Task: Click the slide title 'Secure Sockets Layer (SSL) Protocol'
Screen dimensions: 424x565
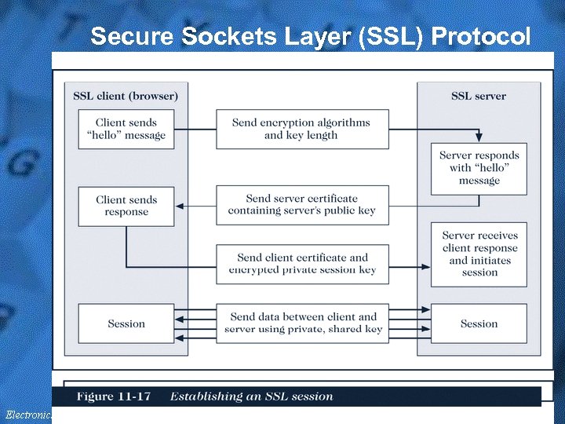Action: [310, 36]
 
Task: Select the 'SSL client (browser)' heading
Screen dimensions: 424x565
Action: [126, 96]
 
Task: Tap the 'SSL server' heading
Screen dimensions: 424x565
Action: [478, 96]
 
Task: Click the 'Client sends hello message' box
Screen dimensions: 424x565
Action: [126, 129]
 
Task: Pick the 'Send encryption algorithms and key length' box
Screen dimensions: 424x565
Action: [302, 129]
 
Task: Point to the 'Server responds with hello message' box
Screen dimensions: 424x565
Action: [479, 168]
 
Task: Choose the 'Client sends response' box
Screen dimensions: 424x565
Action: [126, 206]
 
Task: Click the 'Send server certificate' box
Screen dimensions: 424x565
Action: [302, 205]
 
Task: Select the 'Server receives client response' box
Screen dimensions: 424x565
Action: [479, 254]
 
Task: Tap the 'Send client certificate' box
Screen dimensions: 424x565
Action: [302, 264]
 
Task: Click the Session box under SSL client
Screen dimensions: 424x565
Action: [126, 323]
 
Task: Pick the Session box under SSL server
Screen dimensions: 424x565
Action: [479, 323]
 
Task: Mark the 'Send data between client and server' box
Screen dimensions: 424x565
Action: [302, 323]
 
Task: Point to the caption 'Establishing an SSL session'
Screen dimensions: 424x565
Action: [251, 396]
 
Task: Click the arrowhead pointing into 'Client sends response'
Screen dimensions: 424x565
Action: [180, 206]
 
